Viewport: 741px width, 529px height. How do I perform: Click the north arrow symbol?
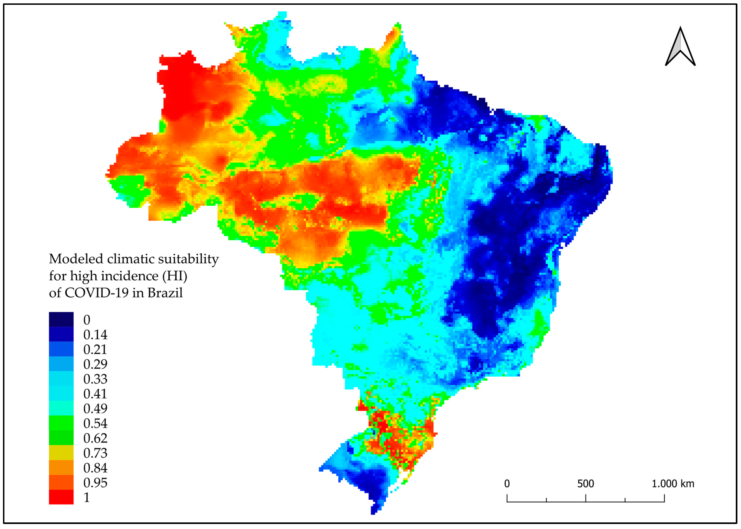pos(680,47)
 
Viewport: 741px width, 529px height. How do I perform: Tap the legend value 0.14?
pos(95,335)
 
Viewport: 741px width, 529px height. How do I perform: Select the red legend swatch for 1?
pos(61,497)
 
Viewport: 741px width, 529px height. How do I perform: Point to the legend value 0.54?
pos(95,423)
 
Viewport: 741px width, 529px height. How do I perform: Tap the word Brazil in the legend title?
pos(165,293)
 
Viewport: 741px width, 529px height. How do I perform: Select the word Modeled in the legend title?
pos(76,259)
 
